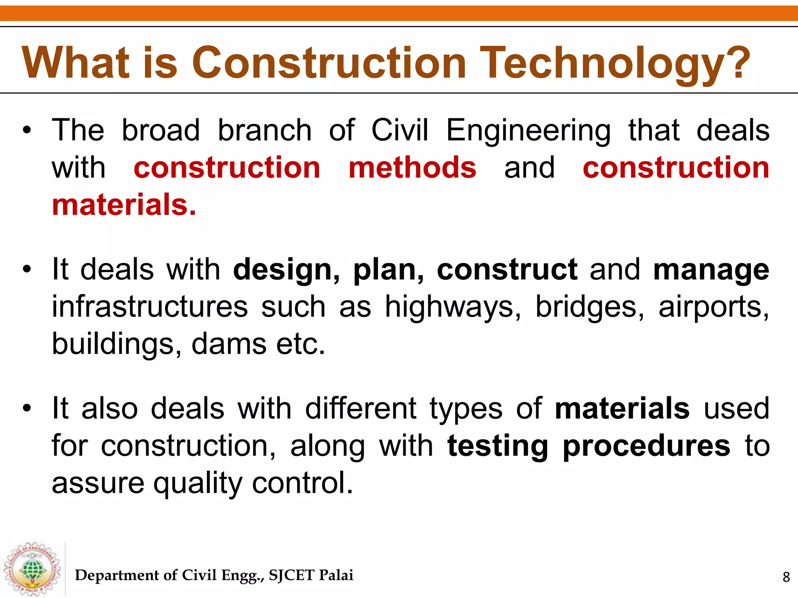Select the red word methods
click(x=412, y=168)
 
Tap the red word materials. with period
click(x=124, y=205)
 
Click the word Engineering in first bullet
click(x=528, y=131)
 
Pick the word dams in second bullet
click(x=227, y=344)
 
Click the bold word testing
click(x=498, y=446)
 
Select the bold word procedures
click(x=646, y=446)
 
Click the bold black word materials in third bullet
click(x=622, y=408)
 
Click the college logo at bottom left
click(x=32, y=569)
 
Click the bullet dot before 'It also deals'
click(x=26, y=408)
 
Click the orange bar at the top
click(x=399, y=13)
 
